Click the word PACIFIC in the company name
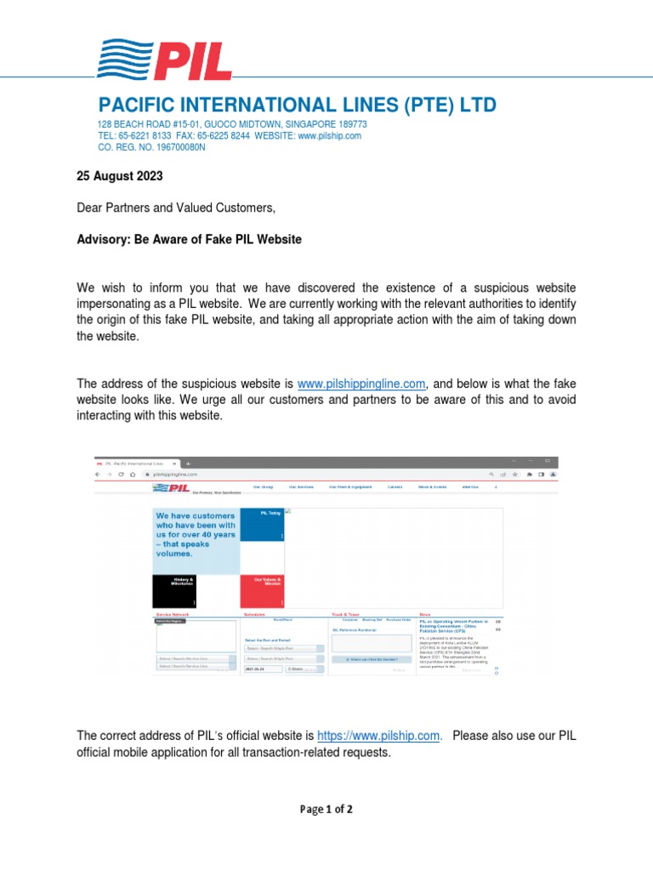[x=138, y=105]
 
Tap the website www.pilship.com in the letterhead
[x=330, y=135]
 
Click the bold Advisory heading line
[x=189, y=240]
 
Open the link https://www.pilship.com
[x=379, y=736]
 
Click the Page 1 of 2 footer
[x=326, y=810]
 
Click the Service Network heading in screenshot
[x=173, y=613]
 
